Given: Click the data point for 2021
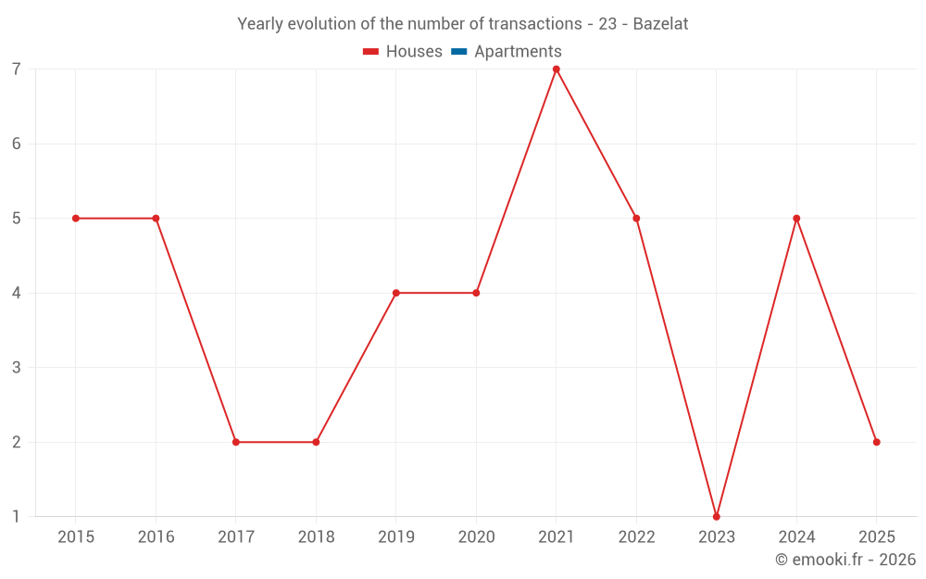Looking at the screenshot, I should [x=557, y=69].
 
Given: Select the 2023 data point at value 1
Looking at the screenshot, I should [x=717, y=516].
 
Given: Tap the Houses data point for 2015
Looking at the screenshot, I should [x=76, y=219].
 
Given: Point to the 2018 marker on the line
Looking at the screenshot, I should [x=316, y=442].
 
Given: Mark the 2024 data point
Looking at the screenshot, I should [x=796, y=219].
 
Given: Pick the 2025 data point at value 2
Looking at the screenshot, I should [x=876, y=442].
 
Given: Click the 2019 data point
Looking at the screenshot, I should [x=396, y=293].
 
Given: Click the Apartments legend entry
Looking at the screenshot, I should [x=518, y=52].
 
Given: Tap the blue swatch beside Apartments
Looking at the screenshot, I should [x=458, y=52].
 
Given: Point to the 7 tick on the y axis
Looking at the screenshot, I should [x=17, y=69].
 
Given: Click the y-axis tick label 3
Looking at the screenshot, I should [x=17, y=368].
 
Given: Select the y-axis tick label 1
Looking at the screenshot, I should [x=17, y=516].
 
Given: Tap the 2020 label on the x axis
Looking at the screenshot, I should [x=476, y=537].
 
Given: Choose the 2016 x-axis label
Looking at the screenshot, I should [x=156, y=537].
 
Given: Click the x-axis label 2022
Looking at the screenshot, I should [x=636, y=537].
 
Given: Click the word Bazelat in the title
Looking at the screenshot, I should [x=660, y=24].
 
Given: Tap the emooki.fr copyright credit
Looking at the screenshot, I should [x=845, y=560].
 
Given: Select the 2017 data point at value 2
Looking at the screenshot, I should [x=236, y=442].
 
